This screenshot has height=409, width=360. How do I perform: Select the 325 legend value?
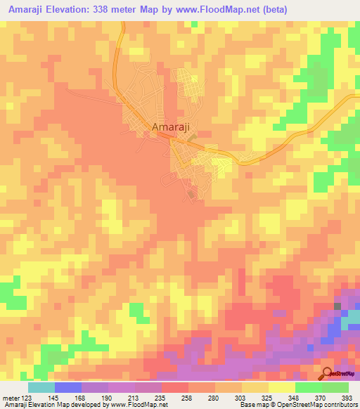(x=255, y=397)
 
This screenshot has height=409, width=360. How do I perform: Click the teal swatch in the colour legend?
(x=41, y=387)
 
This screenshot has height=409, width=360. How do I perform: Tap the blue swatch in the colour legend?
(x=67, y=387)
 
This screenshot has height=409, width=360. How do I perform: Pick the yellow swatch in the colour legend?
(x=281, y=387)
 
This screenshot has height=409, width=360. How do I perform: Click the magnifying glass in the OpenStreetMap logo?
(x=328, y=372)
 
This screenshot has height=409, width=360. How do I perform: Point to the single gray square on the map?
(x=337, y=306)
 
